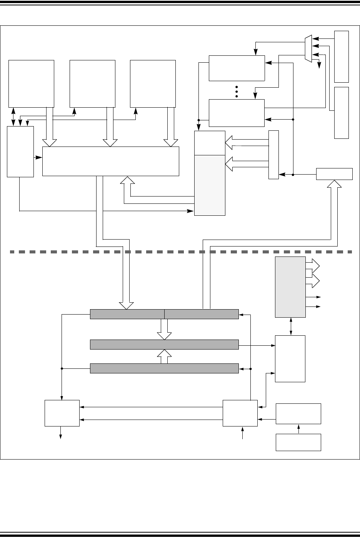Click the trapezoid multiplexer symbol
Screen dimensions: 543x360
point(308,49)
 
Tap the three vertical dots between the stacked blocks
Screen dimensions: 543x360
point(237,91)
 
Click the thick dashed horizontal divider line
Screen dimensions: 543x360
point(181,252)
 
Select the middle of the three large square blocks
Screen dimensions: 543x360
point(92,83)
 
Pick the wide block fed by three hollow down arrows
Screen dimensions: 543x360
point(111,161)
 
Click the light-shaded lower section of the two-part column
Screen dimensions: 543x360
point(210,185)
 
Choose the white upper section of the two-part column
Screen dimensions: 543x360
point(210,143)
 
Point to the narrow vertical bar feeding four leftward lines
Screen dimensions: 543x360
point(273,155)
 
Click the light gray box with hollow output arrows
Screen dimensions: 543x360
point(290,287)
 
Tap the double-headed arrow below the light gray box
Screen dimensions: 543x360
point(290,326)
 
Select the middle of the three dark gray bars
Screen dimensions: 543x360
point(164,345)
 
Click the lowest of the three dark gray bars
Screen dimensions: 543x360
point(164,368)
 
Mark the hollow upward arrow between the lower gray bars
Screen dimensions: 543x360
point(164,356)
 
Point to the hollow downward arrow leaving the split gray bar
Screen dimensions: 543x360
point(164,330)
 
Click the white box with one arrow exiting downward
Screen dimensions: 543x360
point(62,413)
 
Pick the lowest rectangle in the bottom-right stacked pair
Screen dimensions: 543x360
point(298,442)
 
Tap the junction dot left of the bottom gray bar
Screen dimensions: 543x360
point(62,368)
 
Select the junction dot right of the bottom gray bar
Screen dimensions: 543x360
point(250,368)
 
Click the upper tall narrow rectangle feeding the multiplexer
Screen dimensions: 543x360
point(342,57)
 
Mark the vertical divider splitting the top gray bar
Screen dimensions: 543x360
point(164,314)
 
